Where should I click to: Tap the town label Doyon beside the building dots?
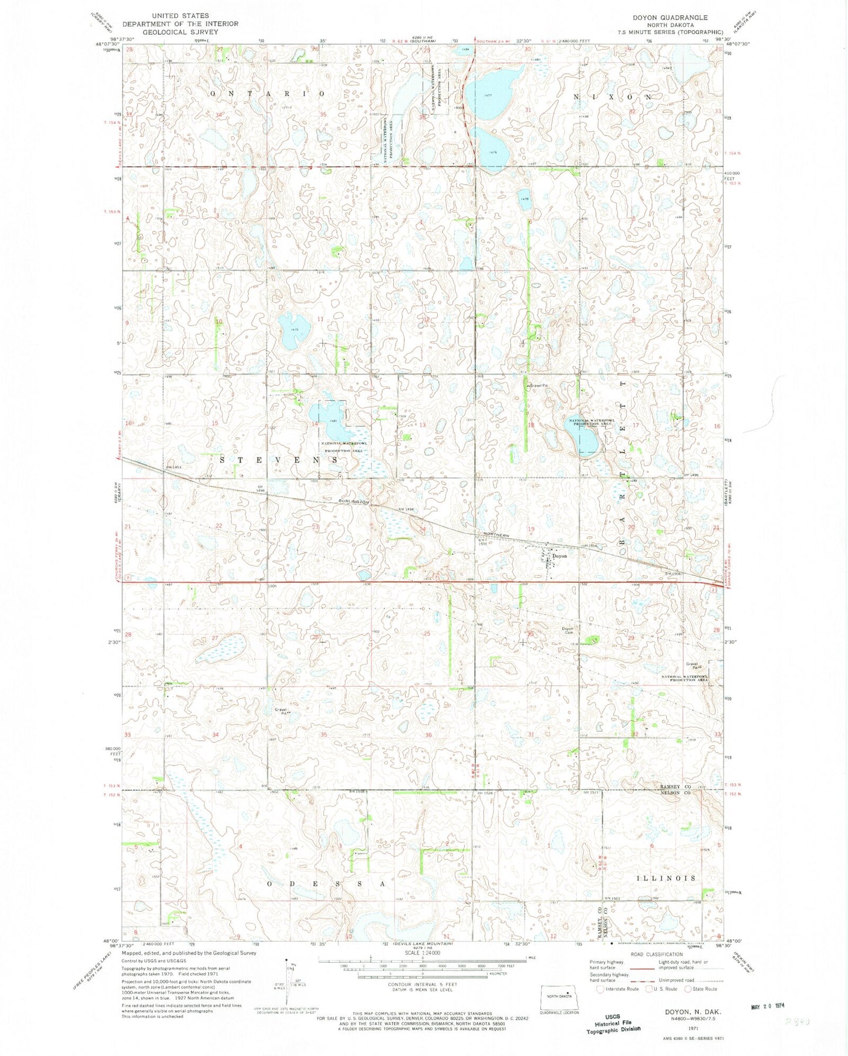pos(559,555)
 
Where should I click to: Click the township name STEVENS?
pos(279,460)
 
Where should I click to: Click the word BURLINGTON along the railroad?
pos(353,502)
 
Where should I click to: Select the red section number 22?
pos(219,525)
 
